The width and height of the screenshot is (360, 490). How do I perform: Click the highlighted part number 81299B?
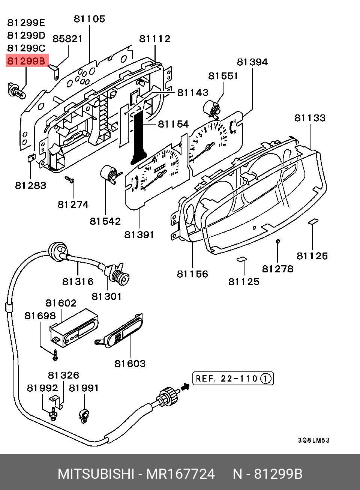(26, 61)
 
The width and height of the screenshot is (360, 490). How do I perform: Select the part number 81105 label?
(89, 19)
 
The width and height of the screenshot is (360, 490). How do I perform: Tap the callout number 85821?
(67, 39)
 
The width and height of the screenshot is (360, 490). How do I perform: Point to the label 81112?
(154, 39)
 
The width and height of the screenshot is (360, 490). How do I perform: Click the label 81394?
(252, 62)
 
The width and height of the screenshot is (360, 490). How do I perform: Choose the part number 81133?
(310, 118)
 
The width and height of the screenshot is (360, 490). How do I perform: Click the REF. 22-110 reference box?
(233, 379)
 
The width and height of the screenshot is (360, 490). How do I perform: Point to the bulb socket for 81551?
(212, 108)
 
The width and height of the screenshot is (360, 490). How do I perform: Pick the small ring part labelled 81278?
(277, 241)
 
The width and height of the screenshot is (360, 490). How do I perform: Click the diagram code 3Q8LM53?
(313, 440)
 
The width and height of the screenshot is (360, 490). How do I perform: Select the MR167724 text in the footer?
(180, 474)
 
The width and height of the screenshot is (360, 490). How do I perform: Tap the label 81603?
(130, 364)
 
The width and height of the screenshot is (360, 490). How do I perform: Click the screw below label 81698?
(55, 355)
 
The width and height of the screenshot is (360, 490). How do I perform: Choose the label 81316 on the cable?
(78, 281)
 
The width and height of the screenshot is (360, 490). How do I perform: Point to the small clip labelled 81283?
(31, 158)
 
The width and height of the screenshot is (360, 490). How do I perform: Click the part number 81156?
(192, 274)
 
